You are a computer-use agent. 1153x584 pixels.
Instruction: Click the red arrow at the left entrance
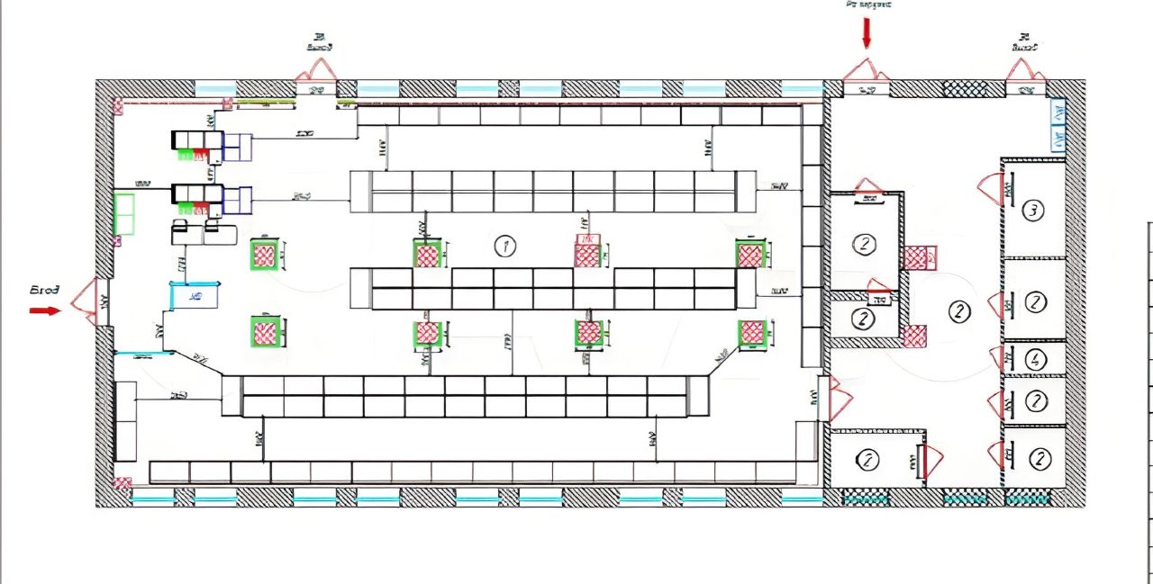tap(43, 310)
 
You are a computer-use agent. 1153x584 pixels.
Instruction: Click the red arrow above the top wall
tap(867, 33)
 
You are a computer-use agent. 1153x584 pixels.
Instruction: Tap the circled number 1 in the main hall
tap(505, 246)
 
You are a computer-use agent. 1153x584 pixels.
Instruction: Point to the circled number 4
tap(1036, 360)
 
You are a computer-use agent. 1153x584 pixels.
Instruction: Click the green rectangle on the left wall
tap(124, 213)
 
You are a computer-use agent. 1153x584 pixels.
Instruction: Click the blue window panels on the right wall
tap(1058, 125)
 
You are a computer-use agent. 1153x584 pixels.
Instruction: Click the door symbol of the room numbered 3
tap(992, 189)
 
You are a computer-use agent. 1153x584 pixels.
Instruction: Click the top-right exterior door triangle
tap(1024, 70)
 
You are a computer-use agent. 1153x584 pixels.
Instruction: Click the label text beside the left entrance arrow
tap(44, 291)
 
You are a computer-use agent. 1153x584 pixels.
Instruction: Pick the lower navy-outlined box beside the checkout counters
tap(238, 200)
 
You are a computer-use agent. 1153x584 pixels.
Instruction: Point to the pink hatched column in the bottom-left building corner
tap(123, 484)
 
